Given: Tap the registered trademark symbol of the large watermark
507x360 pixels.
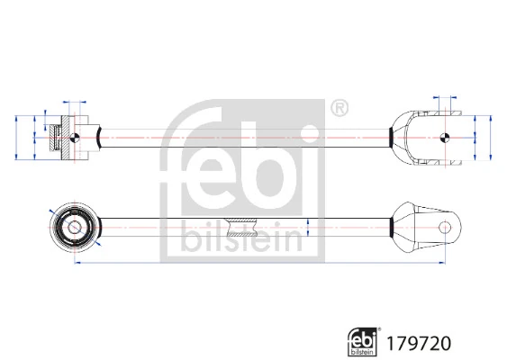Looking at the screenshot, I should point(340,109).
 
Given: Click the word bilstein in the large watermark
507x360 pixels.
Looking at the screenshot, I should point(242,236).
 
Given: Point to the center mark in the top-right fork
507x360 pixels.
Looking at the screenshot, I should point(445,137).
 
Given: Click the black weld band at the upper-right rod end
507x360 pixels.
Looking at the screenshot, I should point(390,137).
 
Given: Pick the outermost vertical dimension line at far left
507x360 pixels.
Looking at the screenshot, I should point(17,137).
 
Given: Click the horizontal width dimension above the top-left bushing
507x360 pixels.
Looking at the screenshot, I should point(72,103).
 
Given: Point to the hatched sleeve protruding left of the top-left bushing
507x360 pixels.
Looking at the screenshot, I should point(55,137).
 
